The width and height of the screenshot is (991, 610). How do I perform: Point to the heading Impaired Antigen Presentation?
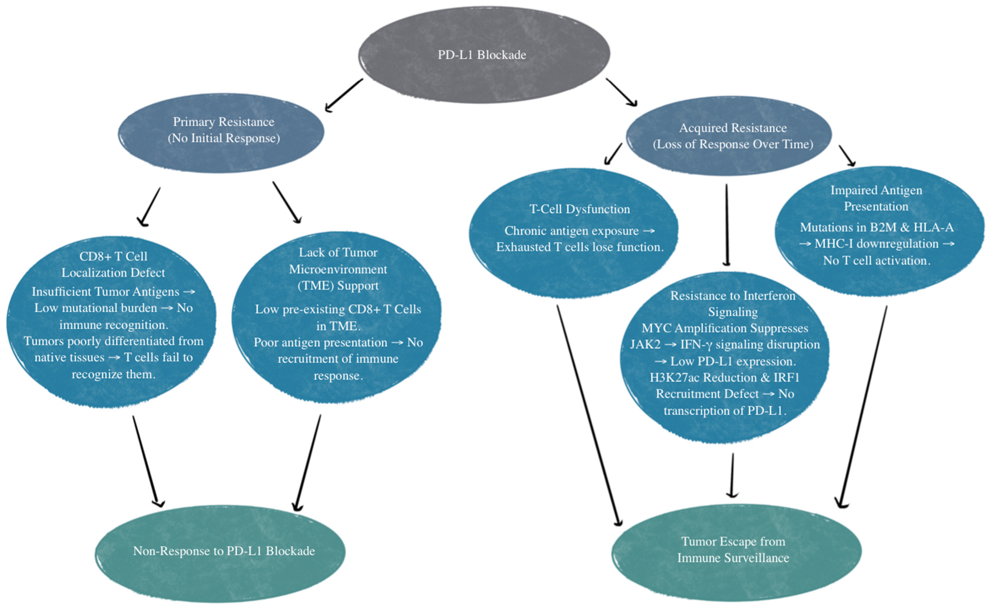876,198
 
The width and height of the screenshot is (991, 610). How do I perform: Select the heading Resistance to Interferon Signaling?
732,304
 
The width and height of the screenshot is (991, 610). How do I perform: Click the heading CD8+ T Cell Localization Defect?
113,264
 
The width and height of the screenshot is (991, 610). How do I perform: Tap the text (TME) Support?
338,286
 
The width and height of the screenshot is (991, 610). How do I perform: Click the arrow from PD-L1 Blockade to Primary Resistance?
344,95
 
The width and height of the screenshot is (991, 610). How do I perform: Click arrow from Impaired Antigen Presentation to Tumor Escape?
863,408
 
